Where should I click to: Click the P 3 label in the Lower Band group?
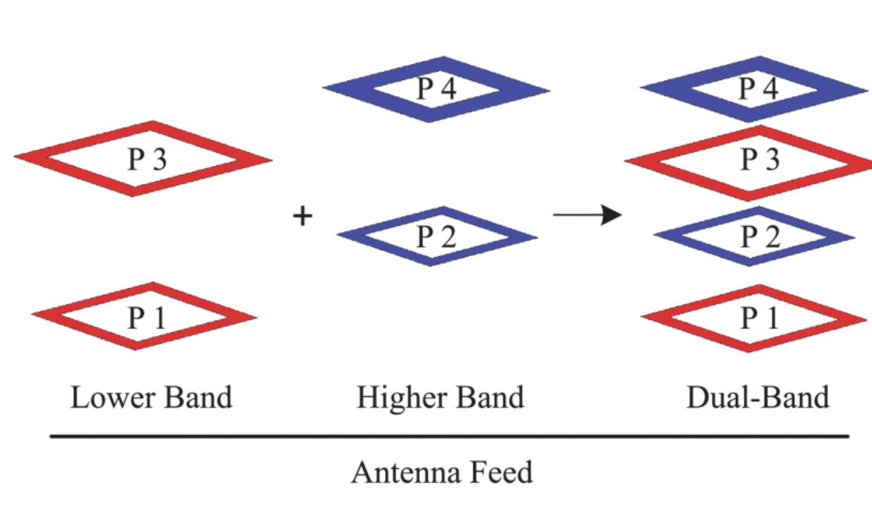(x=146, y=159)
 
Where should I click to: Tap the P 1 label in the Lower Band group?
(x=146, y=317)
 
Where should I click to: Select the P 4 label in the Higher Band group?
(x=436, y=90)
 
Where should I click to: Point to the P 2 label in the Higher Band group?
(x=436, y=237)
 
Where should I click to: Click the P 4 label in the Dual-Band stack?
(x=757, y=90)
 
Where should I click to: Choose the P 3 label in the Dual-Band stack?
(x=759, y=161)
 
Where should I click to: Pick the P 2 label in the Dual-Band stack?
(x=759, y=237)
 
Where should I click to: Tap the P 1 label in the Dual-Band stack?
(x=759, y=318)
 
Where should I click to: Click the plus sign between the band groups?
(x=304, y=216)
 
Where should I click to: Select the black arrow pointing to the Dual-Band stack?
(x=587, y=214)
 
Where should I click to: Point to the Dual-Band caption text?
(x=758, y=398)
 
